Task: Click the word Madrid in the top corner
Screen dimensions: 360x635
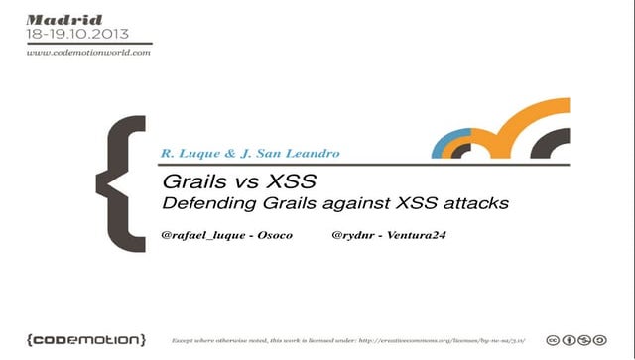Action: (x=55, y=18)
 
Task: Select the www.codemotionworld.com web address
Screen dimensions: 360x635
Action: (x=88, y=53)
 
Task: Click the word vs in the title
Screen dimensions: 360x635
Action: (x=241, y=183)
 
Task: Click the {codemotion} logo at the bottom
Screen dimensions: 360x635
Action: (x=86, y=339)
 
